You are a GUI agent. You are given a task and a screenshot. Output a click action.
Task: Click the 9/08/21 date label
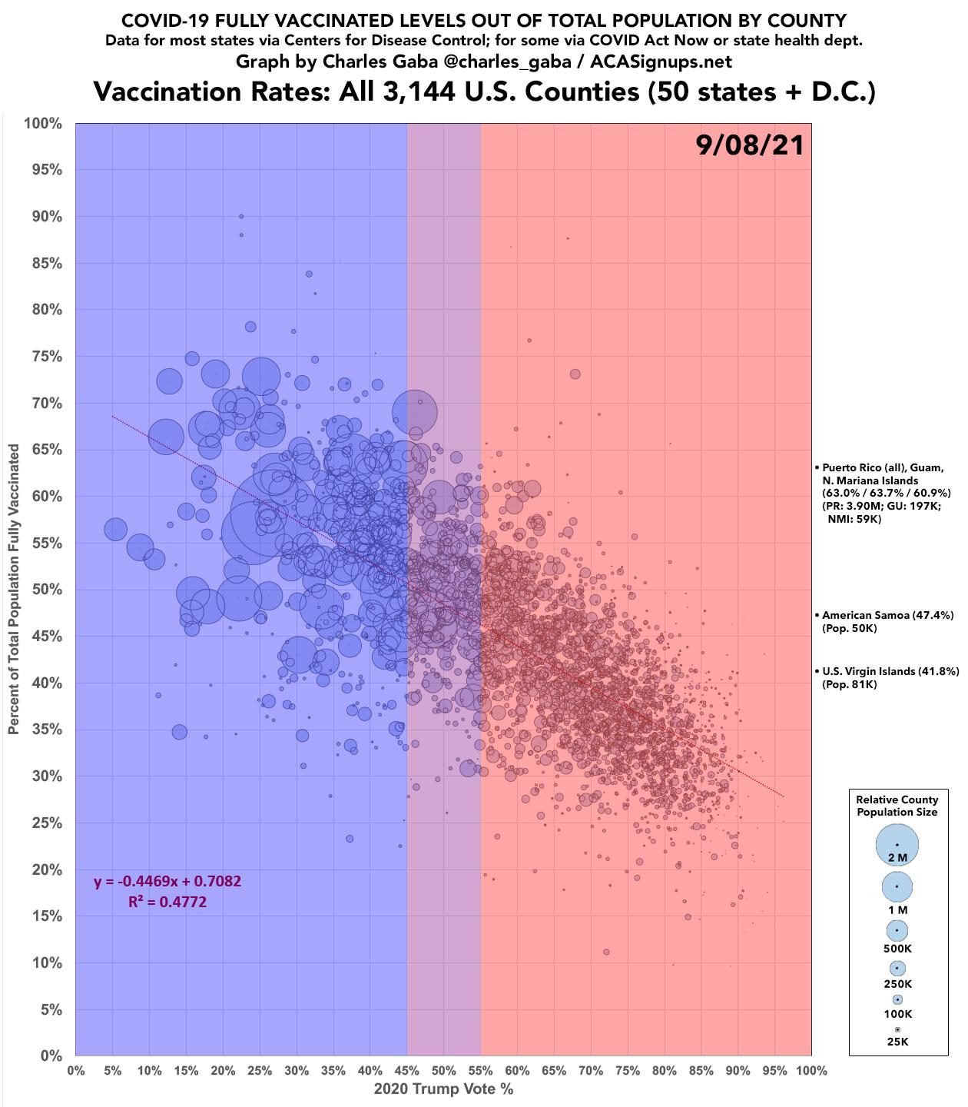750,145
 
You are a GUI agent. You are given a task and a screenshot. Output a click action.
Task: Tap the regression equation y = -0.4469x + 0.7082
167,881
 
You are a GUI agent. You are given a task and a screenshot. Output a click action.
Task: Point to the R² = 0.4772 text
167,901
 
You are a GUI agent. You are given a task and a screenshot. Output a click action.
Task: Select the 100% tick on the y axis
45,123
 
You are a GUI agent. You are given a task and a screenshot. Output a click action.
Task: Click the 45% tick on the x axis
406,1070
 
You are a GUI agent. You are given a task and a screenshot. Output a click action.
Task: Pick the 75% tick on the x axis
627,1070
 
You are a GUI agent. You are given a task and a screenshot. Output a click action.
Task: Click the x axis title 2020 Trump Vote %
443,1089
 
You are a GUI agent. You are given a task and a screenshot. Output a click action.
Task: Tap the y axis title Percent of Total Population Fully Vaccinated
15,589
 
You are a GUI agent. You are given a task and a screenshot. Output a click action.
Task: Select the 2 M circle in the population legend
897,845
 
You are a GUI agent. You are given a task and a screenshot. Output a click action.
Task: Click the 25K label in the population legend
897,1042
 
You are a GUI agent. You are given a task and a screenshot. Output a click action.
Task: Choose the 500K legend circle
897,929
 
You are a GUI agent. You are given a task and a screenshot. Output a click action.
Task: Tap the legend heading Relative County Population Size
897,806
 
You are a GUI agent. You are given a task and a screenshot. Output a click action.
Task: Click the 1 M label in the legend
897,909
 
